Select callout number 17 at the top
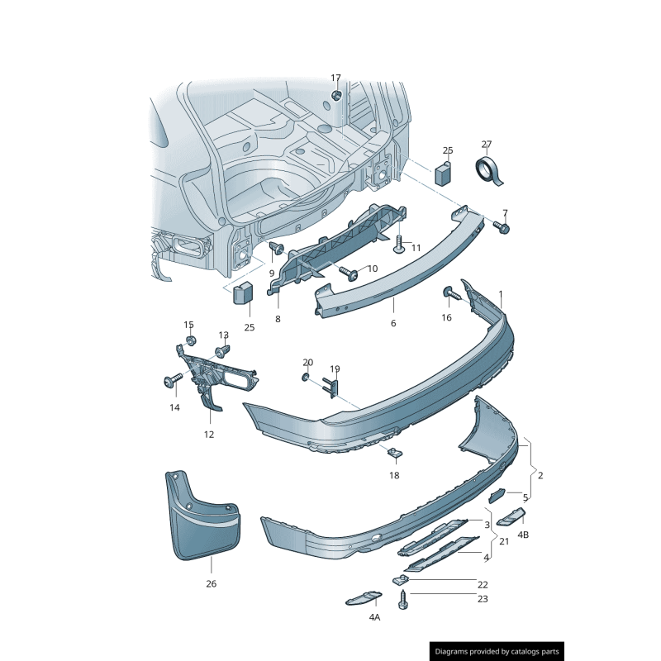click(335, 78)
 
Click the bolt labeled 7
click(502, 226)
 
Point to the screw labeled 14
click(172, 380)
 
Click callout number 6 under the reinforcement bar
click(393, 323)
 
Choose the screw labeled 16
click(451, 292)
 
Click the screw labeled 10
click(347, 272)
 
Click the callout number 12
click(208, 434)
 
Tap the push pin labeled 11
click(399, 245)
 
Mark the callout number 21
click(504, 541)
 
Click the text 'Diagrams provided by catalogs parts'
click(497, 652)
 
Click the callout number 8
click(278, 319)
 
